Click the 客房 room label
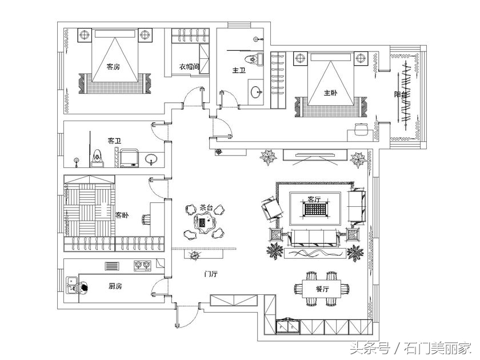tap(113, 67)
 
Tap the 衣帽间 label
tap(189, 67)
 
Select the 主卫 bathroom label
tap(238, 71)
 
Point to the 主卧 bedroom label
tap(330, 93)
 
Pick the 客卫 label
tap(114, 140)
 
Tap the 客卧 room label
tap(122, 215)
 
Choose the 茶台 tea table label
tap(206, 208)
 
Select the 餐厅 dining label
tap(323, 289)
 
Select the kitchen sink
tap(73, 284)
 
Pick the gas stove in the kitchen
tap(142, 265)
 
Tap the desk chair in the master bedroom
tap(359, 128)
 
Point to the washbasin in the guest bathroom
tap(151, 158)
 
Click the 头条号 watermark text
tap(370, 347)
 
